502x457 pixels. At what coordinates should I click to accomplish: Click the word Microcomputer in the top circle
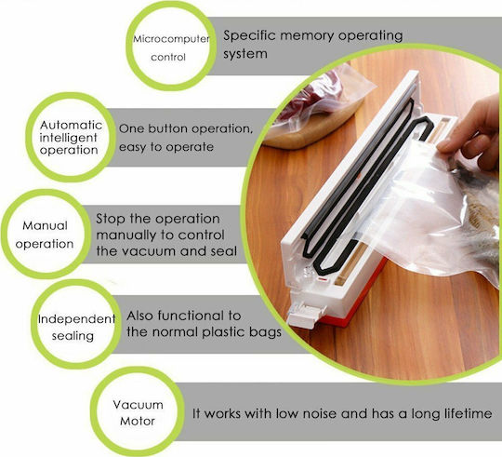(x=171, y=39)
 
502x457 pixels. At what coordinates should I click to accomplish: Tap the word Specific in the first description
(x=249, y=35)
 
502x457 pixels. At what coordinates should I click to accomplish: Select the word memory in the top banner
(x=307, y=36)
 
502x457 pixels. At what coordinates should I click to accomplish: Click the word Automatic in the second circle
(x=71, y=125)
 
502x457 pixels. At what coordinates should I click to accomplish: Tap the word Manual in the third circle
(x=45, y=225)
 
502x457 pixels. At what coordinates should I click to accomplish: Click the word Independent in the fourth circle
(x=76, y=319)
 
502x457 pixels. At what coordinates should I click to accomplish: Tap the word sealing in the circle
(x=73, y=336)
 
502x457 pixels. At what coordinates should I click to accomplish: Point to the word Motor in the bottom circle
(x=138, y=421)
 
